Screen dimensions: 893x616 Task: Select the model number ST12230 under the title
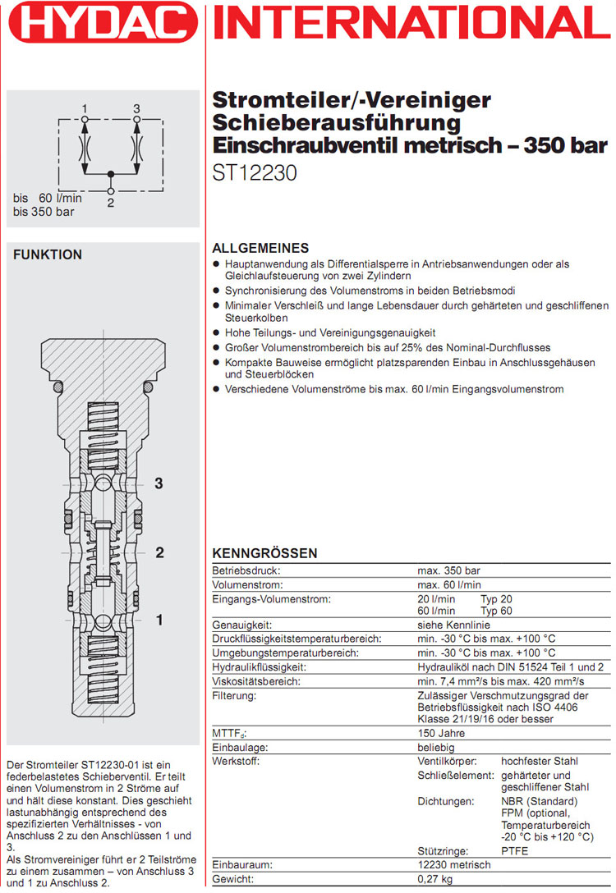tap(255, 174)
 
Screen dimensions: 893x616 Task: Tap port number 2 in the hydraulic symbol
tap(110, 202)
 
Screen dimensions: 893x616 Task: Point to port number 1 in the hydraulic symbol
tap(85, 108)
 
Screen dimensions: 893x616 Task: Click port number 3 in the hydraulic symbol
tap(136, 108)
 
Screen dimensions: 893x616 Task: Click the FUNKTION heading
tap(48, 255)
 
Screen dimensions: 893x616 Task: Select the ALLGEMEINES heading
tap(260, 248)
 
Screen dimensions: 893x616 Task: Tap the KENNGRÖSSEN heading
tap(264, 554)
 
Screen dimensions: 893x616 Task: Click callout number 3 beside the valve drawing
tap(159, 483)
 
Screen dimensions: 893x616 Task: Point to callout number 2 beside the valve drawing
tap(159, 552)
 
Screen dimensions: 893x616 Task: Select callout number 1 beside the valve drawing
tap(159, 621)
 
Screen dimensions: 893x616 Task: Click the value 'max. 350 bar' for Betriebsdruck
tap(448, 570)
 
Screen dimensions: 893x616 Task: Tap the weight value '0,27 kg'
tap(436, 879)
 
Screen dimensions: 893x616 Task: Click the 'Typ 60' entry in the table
tap(496, 611)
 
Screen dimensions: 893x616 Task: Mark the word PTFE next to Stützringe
tap(515, 850)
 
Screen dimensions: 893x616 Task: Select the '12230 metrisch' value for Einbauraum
tap(454, 865)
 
